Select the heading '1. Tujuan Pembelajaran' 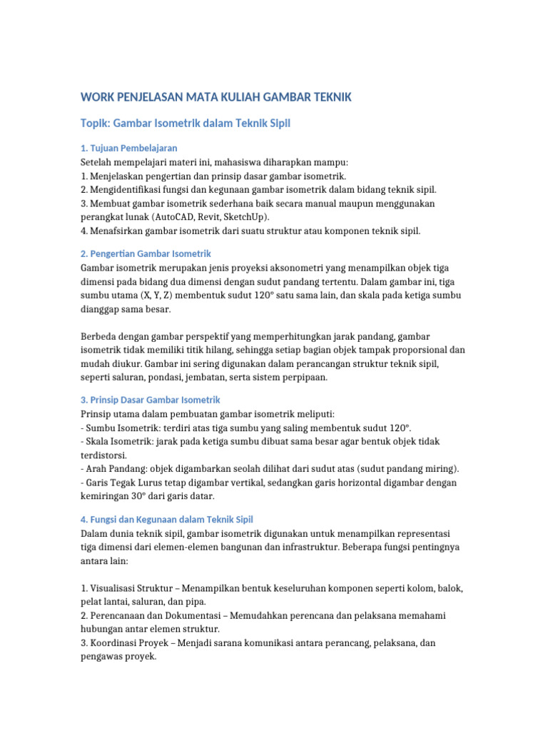point(128,148)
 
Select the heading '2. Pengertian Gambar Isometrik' point(146,253)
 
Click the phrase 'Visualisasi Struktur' point(133,588)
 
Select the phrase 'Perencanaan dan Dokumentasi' point(153,615)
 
